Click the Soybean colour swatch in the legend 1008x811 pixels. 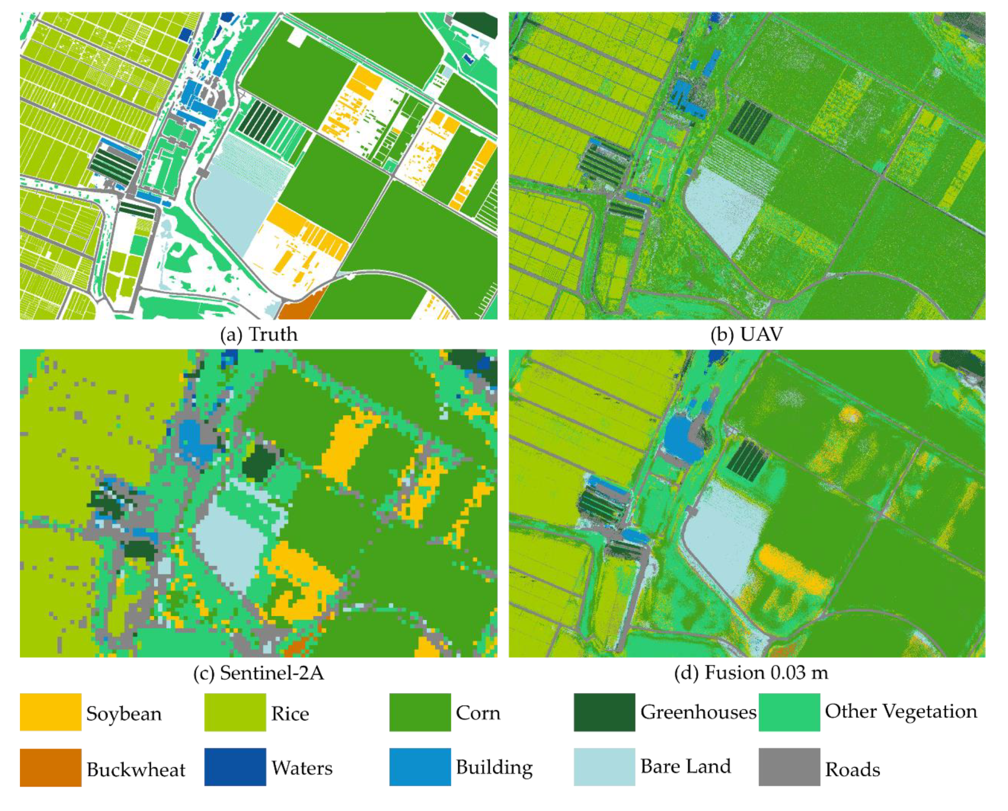pyautogui.click(x=51, y=712)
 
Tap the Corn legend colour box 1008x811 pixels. pyautogui.click(x=420, y=712)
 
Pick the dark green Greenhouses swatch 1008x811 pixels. pyautogui.click(x=604, y=712)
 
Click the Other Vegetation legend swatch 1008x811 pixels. pyautogui.click(x=789, y=712)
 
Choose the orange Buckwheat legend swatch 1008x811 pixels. pyautogui.click(x=51, y=767)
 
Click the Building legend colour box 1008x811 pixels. pyautogui.click(x=420, y=767)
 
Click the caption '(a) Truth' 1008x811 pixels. pyautogui.click(x=258, y=335)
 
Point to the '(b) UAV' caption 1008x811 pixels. pyautogui.click(x=747, y=335)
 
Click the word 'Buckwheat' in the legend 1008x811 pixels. pyautogui.click(x=136, y=769)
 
